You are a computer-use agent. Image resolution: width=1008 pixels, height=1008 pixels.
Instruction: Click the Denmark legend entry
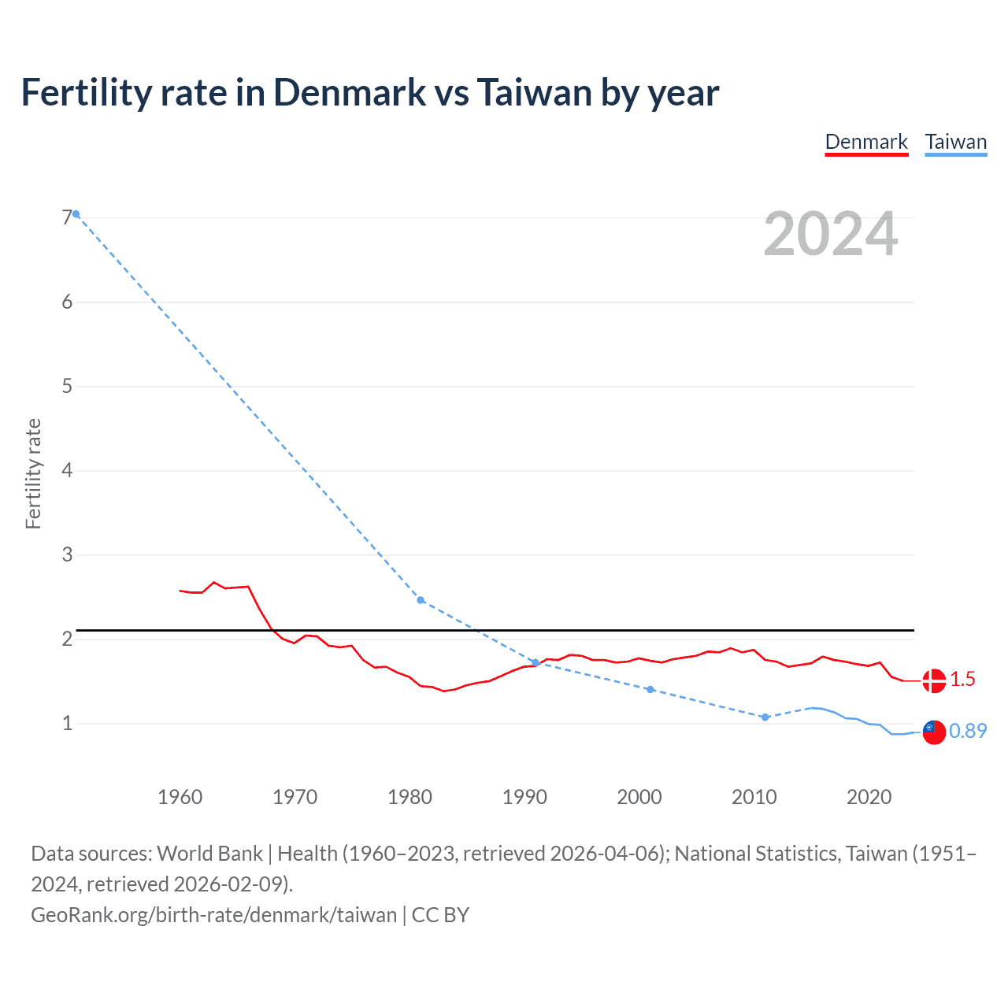click(x=866, y=142)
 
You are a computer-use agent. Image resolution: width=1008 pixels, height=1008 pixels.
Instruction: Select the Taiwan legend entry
click(x=955, y=142)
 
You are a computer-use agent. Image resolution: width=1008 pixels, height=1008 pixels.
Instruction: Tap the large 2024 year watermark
click(x=830, y=234)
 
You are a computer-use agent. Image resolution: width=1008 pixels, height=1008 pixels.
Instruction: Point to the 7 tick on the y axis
click(x=67, y=217)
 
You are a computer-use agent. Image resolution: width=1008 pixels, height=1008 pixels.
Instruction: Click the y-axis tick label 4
click(x=67, y=470)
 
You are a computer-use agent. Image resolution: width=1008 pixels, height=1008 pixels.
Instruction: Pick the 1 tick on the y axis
click(x=67, y=723)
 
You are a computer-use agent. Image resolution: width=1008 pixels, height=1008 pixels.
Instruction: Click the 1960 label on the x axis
click(x=180, y=797)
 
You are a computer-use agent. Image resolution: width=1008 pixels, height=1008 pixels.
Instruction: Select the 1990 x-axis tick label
click(x=524, y=797)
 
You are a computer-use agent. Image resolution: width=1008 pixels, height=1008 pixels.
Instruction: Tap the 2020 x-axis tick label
click(x=869, y=797)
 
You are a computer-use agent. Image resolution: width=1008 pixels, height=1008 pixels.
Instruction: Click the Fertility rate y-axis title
click(x=33, y=473)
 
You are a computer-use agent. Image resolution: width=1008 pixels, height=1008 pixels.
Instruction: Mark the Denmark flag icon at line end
click(x=934, y=680)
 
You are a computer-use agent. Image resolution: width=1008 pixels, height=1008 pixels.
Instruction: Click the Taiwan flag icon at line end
click(x=934, y=732)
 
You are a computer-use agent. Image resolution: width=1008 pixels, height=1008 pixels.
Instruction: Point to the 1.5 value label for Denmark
click(x=962, y=680)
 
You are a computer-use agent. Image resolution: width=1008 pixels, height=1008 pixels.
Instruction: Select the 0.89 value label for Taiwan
click(x=968, y=732)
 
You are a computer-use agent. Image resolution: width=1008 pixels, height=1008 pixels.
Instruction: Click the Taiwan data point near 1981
click(x=421, y=600)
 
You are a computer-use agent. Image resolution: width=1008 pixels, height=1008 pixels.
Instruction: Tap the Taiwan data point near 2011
click(x=765, y=717)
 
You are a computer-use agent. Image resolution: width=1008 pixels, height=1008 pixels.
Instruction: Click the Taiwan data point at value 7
click(x=76, y=213)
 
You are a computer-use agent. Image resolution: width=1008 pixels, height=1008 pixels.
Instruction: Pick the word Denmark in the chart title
click(x=350, y=92)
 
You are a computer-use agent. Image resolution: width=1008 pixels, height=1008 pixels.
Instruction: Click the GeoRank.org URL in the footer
click(x=213, y=914)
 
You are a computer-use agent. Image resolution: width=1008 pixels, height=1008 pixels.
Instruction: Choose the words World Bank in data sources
click(x=209, y=854)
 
